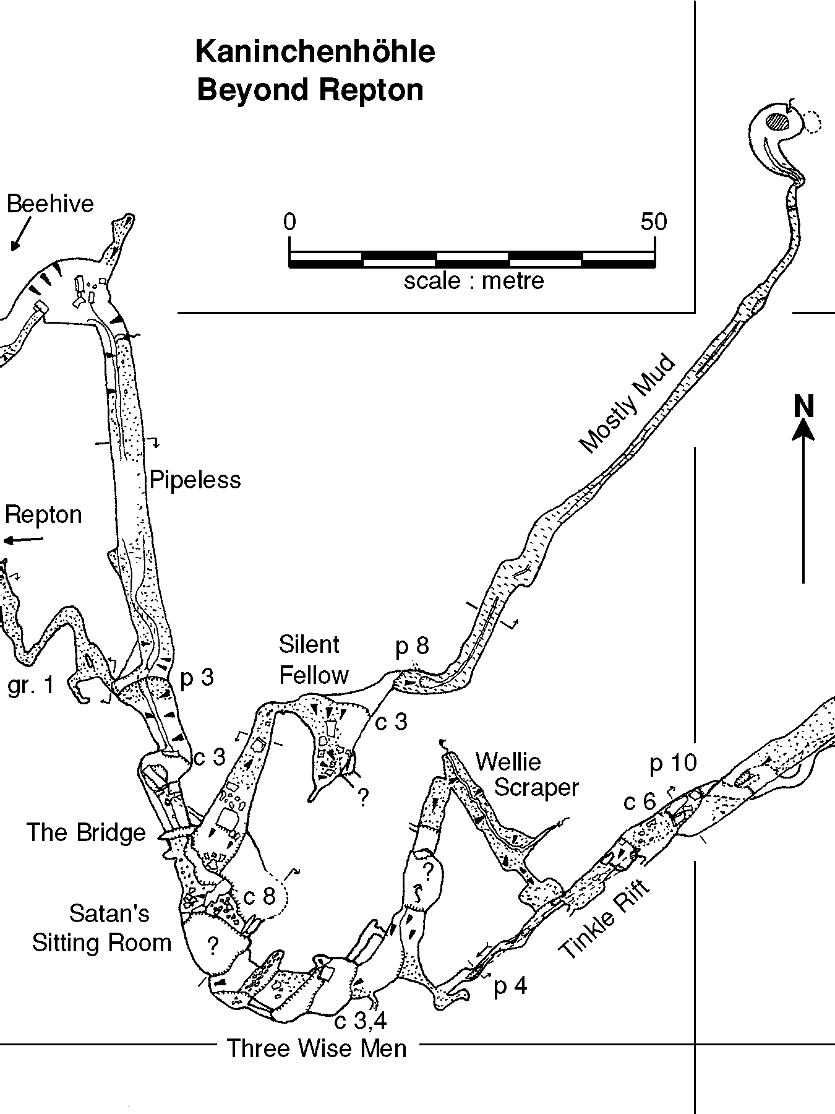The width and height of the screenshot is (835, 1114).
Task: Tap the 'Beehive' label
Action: (x=50, y=204)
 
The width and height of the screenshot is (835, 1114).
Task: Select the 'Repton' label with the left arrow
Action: (x=43, y=515)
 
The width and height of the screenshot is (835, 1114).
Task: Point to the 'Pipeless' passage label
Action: (x=195, y=480)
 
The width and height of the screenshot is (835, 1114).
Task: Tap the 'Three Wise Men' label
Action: (x=317, y=1048)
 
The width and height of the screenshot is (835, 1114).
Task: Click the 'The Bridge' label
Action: (x=86, y=832)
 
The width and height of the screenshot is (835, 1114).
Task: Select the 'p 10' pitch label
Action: (x=673, y=763)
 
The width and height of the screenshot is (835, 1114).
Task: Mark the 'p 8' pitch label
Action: (x=412, y=646)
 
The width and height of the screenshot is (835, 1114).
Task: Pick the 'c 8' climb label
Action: (x=259, y=896)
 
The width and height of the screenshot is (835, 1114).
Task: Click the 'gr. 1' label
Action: (x=31, y=685)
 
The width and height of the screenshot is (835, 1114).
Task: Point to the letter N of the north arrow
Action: (x=803, y=407)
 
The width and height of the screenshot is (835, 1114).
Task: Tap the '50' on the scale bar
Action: (x=654, y=222)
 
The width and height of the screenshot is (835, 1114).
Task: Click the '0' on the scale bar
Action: (x=289, y=222)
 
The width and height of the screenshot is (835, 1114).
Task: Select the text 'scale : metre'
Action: (x=474, y=281)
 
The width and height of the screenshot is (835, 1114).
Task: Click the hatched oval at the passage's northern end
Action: (x=779, y=121)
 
